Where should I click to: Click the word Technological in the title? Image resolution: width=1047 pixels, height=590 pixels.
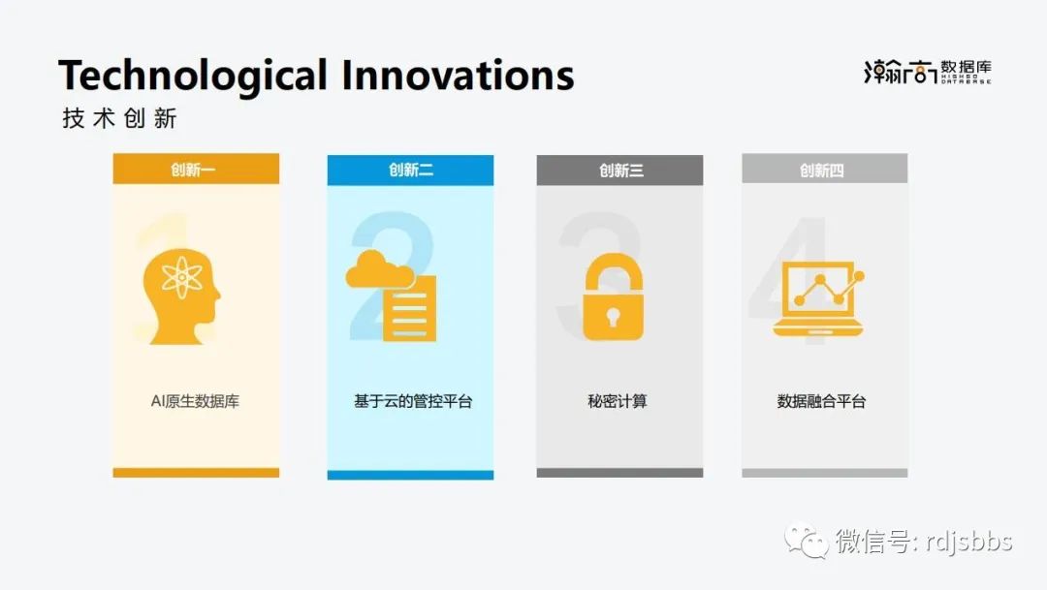192,76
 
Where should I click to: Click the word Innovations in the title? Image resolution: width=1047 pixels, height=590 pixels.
458,74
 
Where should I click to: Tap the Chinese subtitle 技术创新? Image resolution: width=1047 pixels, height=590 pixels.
119,118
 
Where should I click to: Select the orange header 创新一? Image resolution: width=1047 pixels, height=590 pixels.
196,169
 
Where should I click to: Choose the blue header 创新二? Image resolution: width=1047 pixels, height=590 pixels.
410,171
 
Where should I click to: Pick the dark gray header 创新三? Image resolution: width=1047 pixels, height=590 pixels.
619,171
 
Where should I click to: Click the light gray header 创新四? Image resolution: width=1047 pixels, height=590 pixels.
825,169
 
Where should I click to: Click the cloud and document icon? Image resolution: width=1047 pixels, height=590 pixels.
392,295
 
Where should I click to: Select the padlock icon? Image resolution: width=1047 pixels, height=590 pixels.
613,297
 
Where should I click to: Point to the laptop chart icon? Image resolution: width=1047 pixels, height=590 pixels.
818,299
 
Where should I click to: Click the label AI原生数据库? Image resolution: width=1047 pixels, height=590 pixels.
195,401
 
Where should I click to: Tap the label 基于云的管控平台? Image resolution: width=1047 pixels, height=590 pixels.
413,401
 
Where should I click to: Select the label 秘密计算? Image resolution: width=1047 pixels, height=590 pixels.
617,401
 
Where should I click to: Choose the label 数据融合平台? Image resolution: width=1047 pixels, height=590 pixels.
821,401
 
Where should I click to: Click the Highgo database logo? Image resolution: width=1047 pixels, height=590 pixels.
928,72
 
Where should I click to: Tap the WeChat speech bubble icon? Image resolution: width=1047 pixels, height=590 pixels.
806,540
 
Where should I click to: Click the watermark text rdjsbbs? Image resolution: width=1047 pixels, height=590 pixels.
969,542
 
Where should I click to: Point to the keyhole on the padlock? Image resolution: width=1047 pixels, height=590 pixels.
613,317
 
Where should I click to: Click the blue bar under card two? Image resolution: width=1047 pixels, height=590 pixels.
410,476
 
